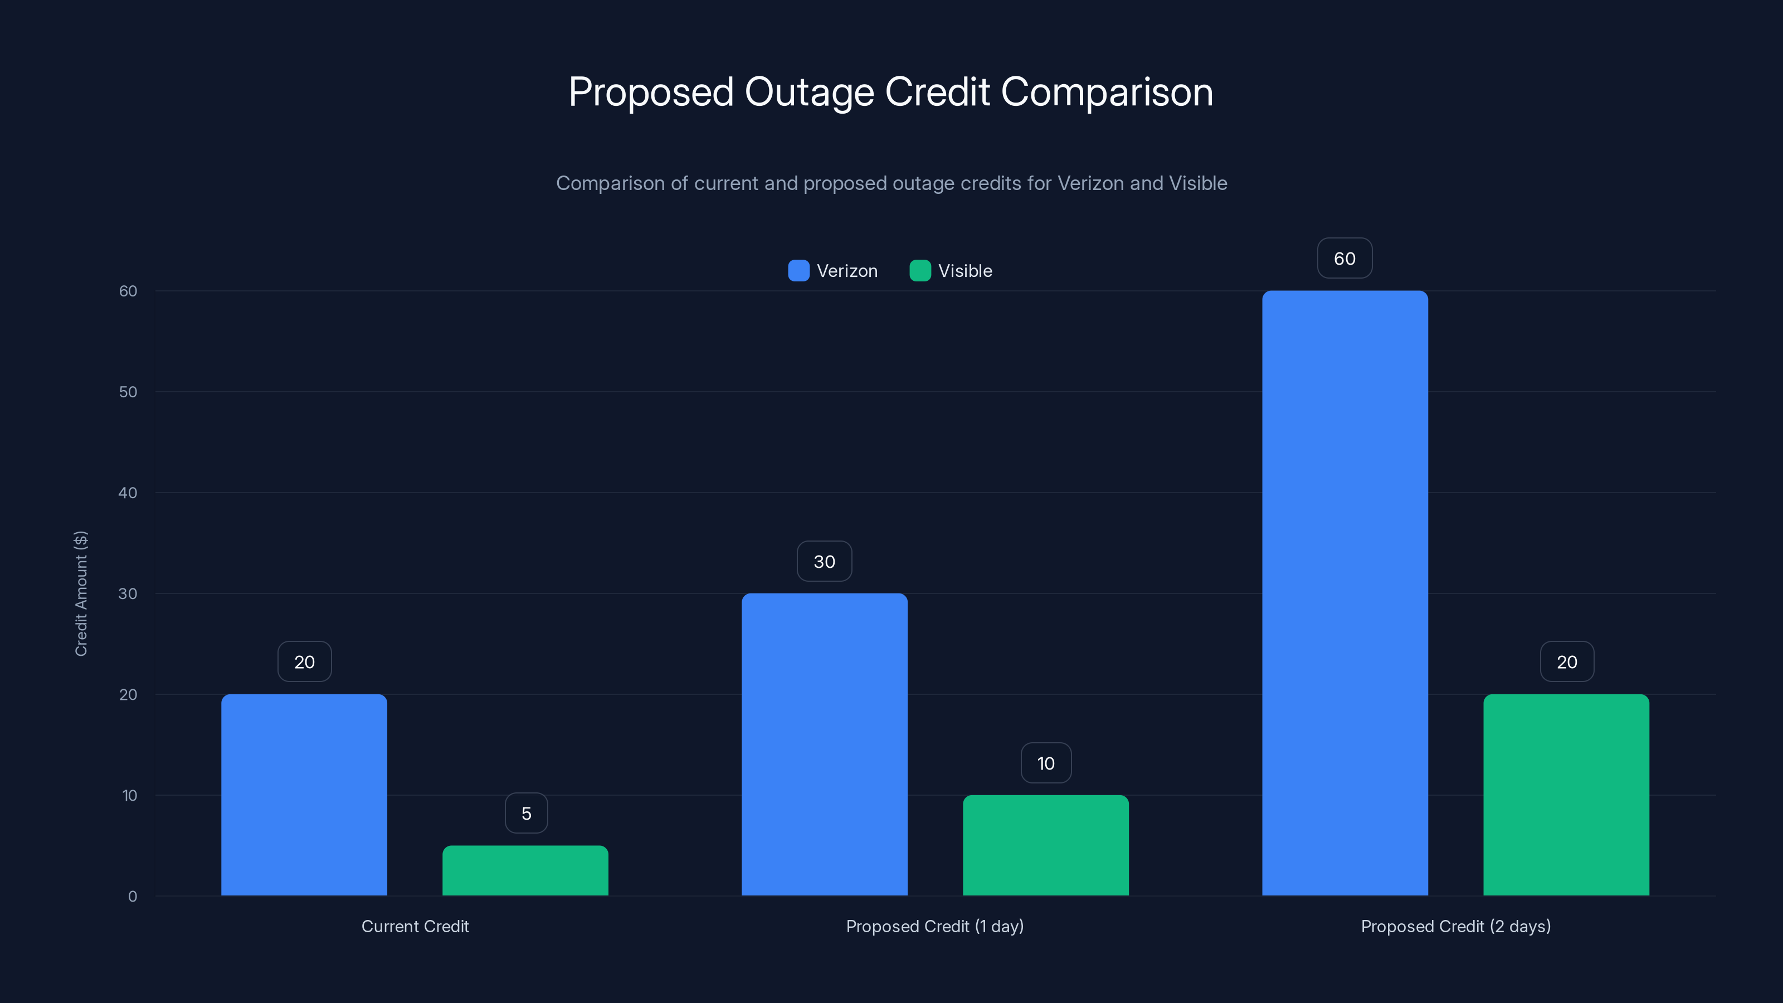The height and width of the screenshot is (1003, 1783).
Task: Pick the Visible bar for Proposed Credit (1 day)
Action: [x=1045, y=845]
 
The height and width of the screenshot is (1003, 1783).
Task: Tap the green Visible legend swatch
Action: [x=920, y=271]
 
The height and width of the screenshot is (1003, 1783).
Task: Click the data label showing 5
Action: [x=526, y=814]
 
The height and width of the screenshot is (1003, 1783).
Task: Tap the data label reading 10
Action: [x=1046, y=763]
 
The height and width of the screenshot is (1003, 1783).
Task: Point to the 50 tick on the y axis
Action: [x=128, y=392]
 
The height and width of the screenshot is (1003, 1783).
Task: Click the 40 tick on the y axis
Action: [x=128, y=493]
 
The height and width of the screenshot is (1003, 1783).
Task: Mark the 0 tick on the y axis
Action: [x=132, y=897]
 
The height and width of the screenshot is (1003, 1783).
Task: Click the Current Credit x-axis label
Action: [x=415, y=926]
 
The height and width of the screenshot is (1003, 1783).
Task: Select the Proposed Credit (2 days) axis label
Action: [x=1455, y=926]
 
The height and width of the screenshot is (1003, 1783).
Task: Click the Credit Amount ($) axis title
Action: [x=81, y=593]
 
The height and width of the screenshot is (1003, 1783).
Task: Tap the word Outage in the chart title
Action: [x=808, y=92]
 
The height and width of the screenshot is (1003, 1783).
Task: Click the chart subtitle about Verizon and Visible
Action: [x=891, y=183]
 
